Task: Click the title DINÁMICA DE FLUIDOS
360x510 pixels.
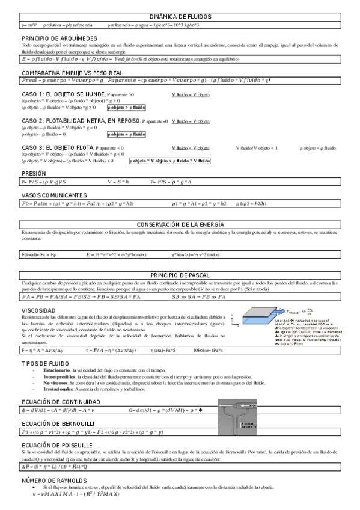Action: pyautogui.click(x=180, y=17)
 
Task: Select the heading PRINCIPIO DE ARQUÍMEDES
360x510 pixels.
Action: pyautogui.click(x=55, y=38)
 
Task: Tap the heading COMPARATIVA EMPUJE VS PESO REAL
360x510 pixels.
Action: pyautogui.click(x=73, y=72)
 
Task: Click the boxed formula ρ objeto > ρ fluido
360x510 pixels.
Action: pyautogui.click(x=130, y=107)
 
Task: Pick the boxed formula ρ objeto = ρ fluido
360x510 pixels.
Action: pyautogui.click(x=130, y=134)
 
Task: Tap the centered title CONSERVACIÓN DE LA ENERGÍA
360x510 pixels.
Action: pyautogui.click(x=180, y=224)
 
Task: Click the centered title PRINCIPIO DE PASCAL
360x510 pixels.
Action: pyautogui.click(x=180, y=275)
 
